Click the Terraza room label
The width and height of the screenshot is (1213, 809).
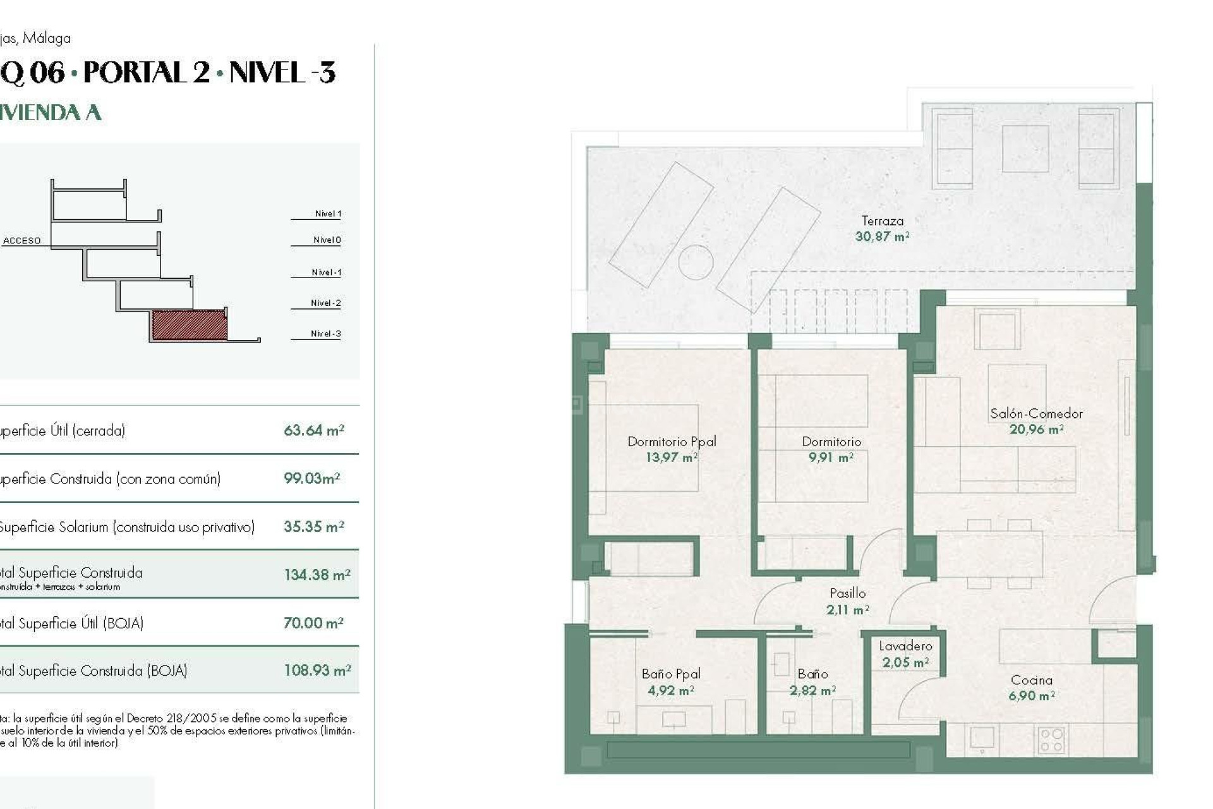882,221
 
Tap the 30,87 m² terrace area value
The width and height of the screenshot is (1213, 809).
882,237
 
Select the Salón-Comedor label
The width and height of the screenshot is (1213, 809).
1036,414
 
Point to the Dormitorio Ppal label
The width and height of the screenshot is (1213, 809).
672,442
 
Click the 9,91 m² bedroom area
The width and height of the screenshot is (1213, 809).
831,458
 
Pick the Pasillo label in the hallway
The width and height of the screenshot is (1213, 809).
847,593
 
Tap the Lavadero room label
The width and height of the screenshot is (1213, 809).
905,646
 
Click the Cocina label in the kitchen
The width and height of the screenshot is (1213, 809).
1031,681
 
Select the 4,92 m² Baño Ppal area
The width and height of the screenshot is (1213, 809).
670,691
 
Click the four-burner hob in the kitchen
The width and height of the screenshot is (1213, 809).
1051,740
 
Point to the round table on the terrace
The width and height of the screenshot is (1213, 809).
696,262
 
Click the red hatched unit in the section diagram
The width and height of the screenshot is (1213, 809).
190,325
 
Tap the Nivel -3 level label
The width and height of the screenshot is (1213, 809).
325,334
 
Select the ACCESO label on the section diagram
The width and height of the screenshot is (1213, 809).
22,241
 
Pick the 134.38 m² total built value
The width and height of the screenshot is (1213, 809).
317,575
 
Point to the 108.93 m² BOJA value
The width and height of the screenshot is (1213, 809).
317,671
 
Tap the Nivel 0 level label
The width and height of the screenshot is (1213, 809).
327,240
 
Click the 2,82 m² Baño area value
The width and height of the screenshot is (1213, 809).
812,691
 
